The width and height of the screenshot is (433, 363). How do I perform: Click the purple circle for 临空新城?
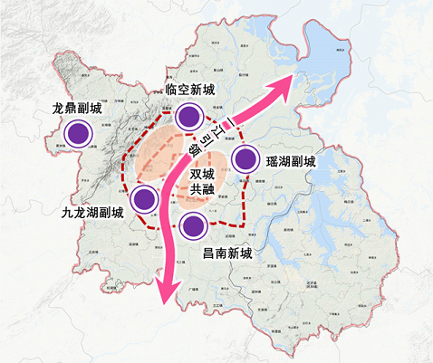188,115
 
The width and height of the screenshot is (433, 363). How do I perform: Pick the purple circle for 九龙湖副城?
144,197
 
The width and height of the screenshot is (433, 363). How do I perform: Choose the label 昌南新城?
224,256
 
